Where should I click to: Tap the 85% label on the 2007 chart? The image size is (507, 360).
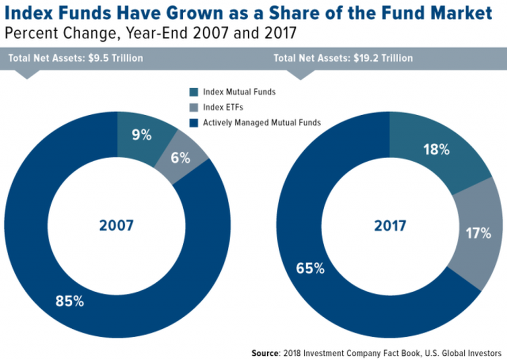click(x=70, y=302)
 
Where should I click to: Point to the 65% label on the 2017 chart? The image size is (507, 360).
click(x=311, y=268)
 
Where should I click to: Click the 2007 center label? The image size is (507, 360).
click(x=116, y=226)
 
